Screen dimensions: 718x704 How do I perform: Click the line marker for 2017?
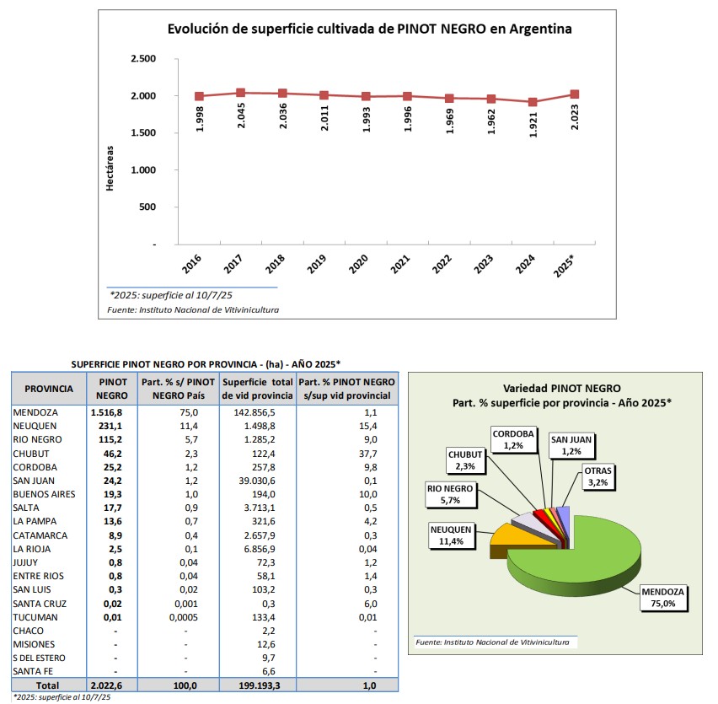coord(241,93)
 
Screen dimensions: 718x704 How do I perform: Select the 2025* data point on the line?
coord(575,94)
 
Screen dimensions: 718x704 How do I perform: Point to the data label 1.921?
coord(533,125)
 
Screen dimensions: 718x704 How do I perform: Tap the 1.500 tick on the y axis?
coord(143,133)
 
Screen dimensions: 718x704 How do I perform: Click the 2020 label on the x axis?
coord(358,264)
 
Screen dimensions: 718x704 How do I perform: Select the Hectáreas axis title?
coord(110,168)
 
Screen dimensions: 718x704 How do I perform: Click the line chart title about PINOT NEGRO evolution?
coord(369,29)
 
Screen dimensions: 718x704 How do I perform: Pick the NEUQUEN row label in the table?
coord(35,426)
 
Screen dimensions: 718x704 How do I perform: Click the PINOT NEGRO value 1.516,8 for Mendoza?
coord(107,412)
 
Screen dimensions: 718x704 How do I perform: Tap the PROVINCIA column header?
coord(49,389)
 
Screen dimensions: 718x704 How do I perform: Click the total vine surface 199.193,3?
coord(260,685)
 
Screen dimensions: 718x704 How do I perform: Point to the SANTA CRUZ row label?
coord(40,604)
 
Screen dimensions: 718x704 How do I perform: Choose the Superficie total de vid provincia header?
coord(257,389)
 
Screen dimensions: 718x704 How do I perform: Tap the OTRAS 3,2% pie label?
coord(598,476)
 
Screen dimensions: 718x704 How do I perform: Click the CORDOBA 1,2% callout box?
coord(513,440)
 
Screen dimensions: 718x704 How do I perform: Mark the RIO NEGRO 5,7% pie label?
coord(450,495)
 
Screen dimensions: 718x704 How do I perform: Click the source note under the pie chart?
coord(492,642)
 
